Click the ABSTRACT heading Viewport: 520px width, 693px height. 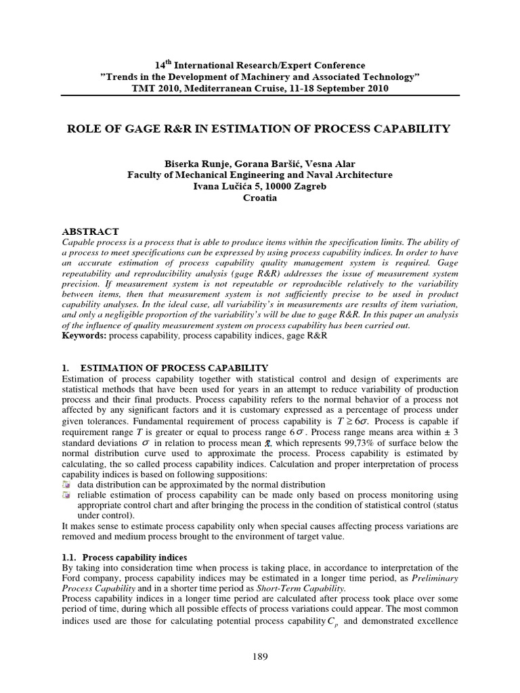pyautogui.click(x=90, y=231)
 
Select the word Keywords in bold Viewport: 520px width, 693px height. pyautogui.click(x=83, y=335)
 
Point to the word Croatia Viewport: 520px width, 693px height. pyautogui.click(x=260, y=198)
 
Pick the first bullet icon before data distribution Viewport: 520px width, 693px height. pyautogui.click(x=66, y=485)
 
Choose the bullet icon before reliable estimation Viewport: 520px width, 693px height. pyautogui.click(x=66, y=495)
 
